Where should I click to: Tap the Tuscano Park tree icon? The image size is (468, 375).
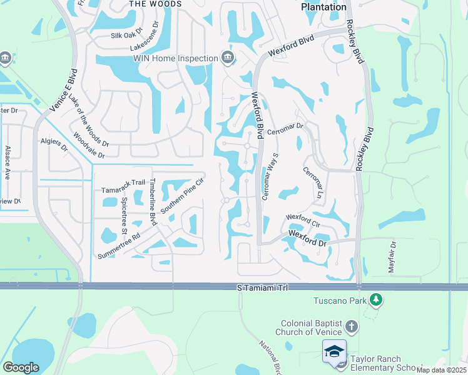click(x=376, y=301)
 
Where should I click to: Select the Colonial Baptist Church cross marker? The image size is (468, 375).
click(x=352, y=326)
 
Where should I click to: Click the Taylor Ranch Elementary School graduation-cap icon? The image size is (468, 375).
click(x=334, y=351)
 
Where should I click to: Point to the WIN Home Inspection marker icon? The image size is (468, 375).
click(x=227, y=58)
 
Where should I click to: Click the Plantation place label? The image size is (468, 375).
click(x=323, y=7)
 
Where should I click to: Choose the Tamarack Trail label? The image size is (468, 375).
click(x=123, y=189)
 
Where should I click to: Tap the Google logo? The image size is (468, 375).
click(x=21, y=367)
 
